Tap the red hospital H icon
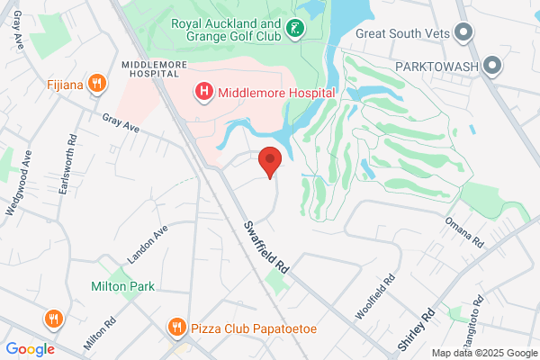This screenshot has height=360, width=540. coord(204,92)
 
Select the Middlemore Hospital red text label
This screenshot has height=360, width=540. coord(276,93)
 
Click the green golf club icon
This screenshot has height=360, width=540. coord(294,31)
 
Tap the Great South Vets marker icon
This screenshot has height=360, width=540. coord(464,33)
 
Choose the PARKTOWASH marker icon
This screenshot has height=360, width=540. coord(492,66)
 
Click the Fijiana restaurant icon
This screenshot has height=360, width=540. coord(99,85)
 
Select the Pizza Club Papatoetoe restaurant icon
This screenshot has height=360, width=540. coord(177,328)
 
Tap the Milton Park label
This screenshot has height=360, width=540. coord(122,286)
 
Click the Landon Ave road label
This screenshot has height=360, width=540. coord(148,244)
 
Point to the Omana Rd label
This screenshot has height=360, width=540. coord(464,231)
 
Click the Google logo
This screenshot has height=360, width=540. coord(31,349)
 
